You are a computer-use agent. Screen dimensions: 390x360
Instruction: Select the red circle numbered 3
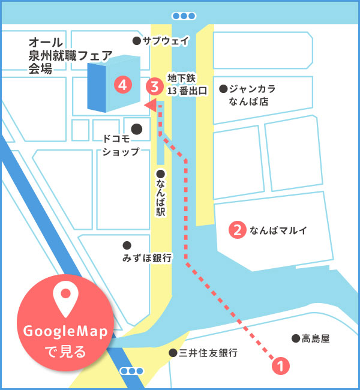coord(155,86)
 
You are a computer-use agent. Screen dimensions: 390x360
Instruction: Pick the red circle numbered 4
coord(123,85)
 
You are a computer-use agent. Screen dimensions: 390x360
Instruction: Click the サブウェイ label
coord(166,41)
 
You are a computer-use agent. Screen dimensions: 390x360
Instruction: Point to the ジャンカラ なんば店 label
coord(252,95)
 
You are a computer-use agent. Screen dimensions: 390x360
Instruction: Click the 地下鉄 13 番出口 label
coord(187,85)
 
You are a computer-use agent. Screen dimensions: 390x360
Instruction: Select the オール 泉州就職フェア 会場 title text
coord(70,56)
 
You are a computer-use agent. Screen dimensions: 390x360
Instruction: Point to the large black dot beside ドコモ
coord(137,128)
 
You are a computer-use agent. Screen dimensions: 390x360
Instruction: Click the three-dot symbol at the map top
coord(183,16)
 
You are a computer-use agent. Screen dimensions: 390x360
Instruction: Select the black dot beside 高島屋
coord(295,338)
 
